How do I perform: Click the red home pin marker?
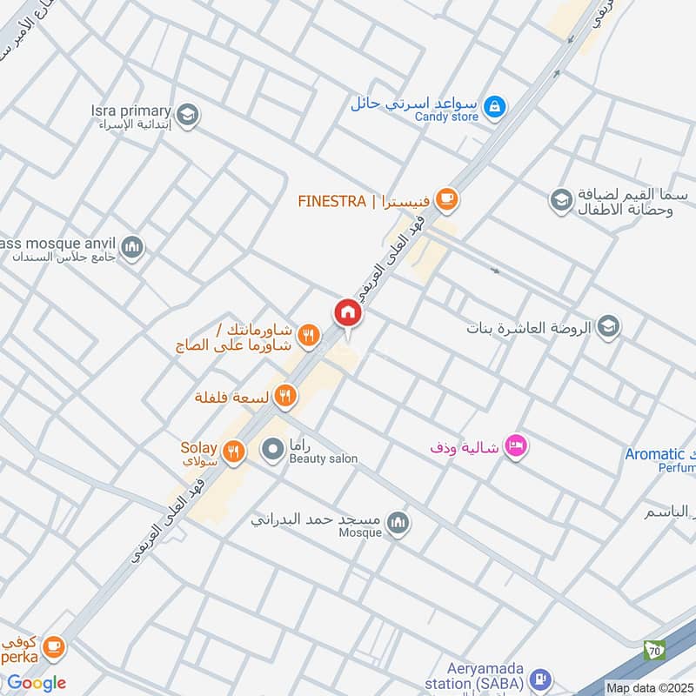pyautogui.click(x=347, y=312)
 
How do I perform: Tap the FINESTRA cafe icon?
pyautogui.click(x=447, y=200)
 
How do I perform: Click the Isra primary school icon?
pyautogui.click(x=186, y=114)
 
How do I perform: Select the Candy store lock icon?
pyautogui.click(x=494, y=106)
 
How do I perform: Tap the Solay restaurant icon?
pyautogui.click(x=231, y=451)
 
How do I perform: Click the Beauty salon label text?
pyautogui.click(x=324, y=458)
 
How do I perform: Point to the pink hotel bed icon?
pyautogui.click(x=517, y=445)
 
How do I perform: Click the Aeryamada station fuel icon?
pyautogui.click(x=540, y=677)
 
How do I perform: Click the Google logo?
pyautogui.click(x=37, y=682)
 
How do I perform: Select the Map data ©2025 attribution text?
pyautogui.click(x=650, y=687)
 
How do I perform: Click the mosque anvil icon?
pyautogui.click(x=132, y=248)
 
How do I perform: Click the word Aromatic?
pyautogui.click(x=655, y=454)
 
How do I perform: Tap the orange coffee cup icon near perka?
pyautogui.click(x=54, y=646)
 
